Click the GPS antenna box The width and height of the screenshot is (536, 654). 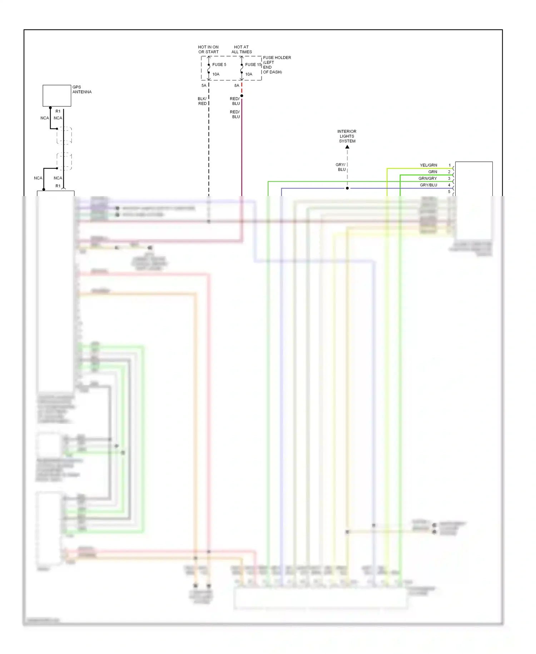point(57,96)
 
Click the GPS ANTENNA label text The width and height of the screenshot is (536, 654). point(82,89)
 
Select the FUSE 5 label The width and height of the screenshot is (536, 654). point(219,65)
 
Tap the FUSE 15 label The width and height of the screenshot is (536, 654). point(253,65)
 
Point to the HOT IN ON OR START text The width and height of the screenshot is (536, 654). point(208,49)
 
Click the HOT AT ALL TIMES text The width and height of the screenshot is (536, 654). point(242,49)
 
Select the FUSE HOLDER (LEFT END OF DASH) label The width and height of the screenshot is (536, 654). point(277,65)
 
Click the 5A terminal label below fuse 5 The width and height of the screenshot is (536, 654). point(204,86)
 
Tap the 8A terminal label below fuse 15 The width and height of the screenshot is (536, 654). point(237,86)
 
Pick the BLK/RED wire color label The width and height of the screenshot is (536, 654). point(202,101)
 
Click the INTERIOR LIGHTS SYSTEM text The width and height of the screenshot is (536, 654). point(347,136)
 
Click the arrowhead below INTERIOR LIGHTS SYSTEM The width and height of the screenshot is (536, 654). point(347,147)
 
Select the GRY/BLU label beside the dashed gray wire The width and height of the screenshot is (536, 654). point(341,167)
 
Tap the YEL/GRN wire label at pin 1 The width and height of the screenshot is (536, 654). point(428,165)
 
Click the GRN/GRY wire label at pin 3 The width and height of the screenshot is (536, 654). point(428,179)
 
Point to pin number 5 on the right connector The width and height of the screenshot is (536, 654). point(449,192)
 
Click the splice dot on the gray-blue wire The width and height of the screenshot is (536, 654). point(347,188)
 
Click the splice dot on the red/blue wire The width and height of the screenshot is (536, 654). point(242,96)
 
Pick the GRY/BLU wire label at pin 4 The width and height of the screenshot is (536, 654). point(428,185)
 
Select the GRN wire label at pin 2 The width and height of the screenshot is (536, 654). point(433,172)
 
